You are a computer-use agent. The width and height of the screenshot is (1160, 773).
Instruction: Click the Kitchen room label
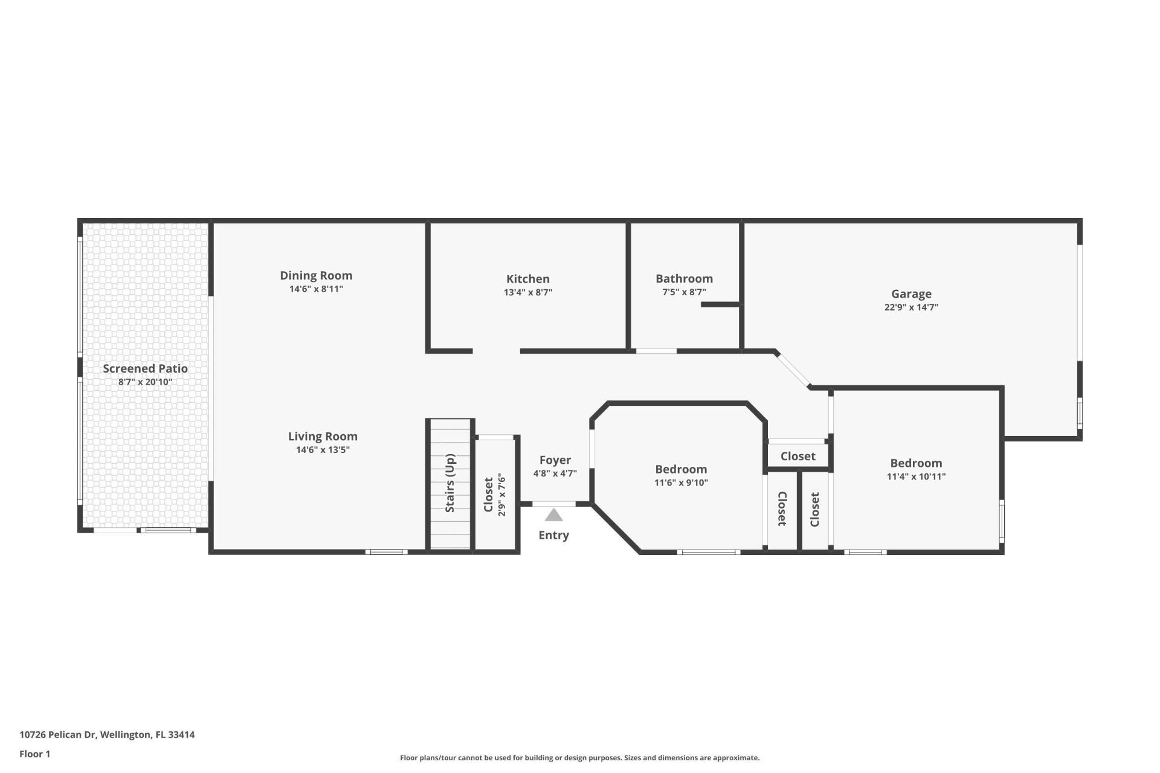(x=527, y=278)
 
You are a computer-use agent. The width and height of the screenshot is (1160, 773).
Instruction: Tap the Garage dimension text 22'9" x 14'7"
(x=911, y=307)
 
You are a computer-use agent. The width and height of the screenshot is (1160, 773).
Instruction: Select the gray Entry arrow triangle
(x=553, y=515)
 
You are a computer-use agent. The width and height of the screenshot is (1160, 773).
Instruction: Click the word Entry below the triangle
(x=553, y=535)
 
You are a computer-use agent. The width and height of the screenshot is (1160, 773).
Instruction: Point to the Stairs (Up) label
(x=450, y=483)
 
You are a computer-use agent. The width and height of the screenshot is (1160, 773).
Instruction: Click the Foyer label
(x=555, y=460)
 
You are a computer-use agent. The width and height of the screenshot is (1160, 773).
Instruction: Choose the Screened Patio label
(x=145, y=368)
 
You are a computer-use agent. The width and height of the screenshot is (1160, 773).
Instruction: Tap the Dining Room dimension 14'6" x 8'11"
(x=316, y=289)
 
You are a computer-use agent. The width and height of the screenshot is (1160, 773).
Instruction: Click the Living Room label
(x=323, y=436)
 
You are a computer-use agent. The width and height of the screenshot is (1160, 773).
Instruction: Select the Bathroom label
(x=684, y=278)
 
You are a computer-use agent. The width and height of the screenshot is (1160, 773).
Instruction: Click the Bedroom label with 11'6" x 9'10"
(x=681, y=469)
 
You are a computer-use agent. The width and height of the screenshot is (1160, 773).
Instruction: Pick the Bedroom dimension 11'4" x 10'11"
(x=916, y=476)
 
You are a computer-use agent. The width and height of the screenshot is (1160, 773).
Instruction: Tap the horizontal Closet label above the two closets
(x=797, y=457)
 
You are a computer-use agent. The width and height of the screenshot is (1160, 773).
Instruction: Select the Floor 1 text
(x=34, y=754)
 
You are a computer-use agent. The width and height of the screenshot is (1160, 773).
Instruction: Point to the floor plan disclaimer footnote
(x=579, y=758)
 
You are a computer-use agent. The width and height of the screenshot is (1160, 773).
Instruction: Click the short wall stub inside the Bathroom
(x=720, y=304)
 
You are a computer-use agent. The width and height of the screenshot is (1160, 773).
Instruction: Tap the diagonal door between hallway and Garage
(x=793, y=369)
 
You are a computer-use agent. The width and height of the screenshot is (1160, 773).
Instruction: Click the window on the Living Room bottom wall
(x=386, y=551)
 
